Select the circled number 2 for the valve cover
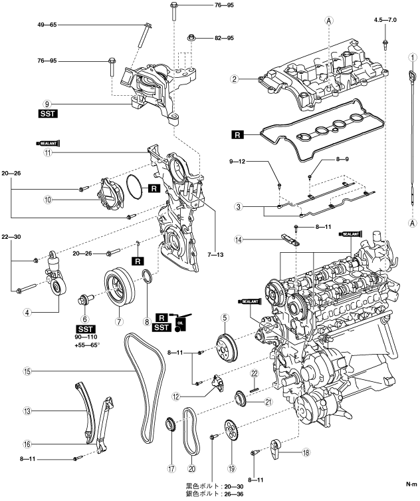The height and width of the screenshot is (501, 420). [x=235, y=79]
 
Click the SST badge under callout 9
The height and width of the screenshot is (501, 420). [x=47, y=114]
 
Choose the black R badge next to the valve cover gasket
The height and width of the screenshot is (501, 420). [x=237, y=135]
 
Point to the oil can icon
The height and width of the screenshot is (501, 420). [x=180, y=322]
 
